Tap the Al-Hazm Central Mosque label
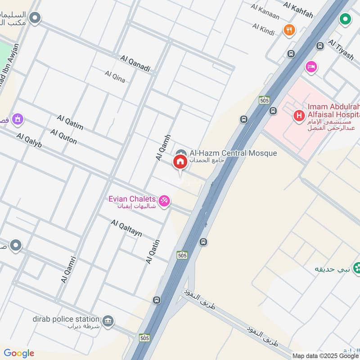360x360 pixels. click(x=233, y=153)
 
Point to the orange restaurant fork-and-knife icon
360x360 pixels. click(x=289, y=30)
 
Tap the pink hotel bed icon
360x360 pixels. click(x=310, y=67)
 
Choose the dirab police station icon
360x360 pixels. click(x=108, y=320)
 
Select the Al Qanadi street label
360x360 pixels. click(x=135, y=64)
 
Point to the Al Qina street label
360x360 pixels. click(x=115, y=76)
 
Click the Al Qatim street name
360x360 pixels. click(x=70, y=122)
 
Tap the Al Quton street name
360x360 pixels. click(x=63, y=137)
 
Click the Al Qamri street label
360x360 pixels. click(x=69, y=270)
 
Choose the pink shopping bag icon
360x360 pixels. click(x=18, y=120)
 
